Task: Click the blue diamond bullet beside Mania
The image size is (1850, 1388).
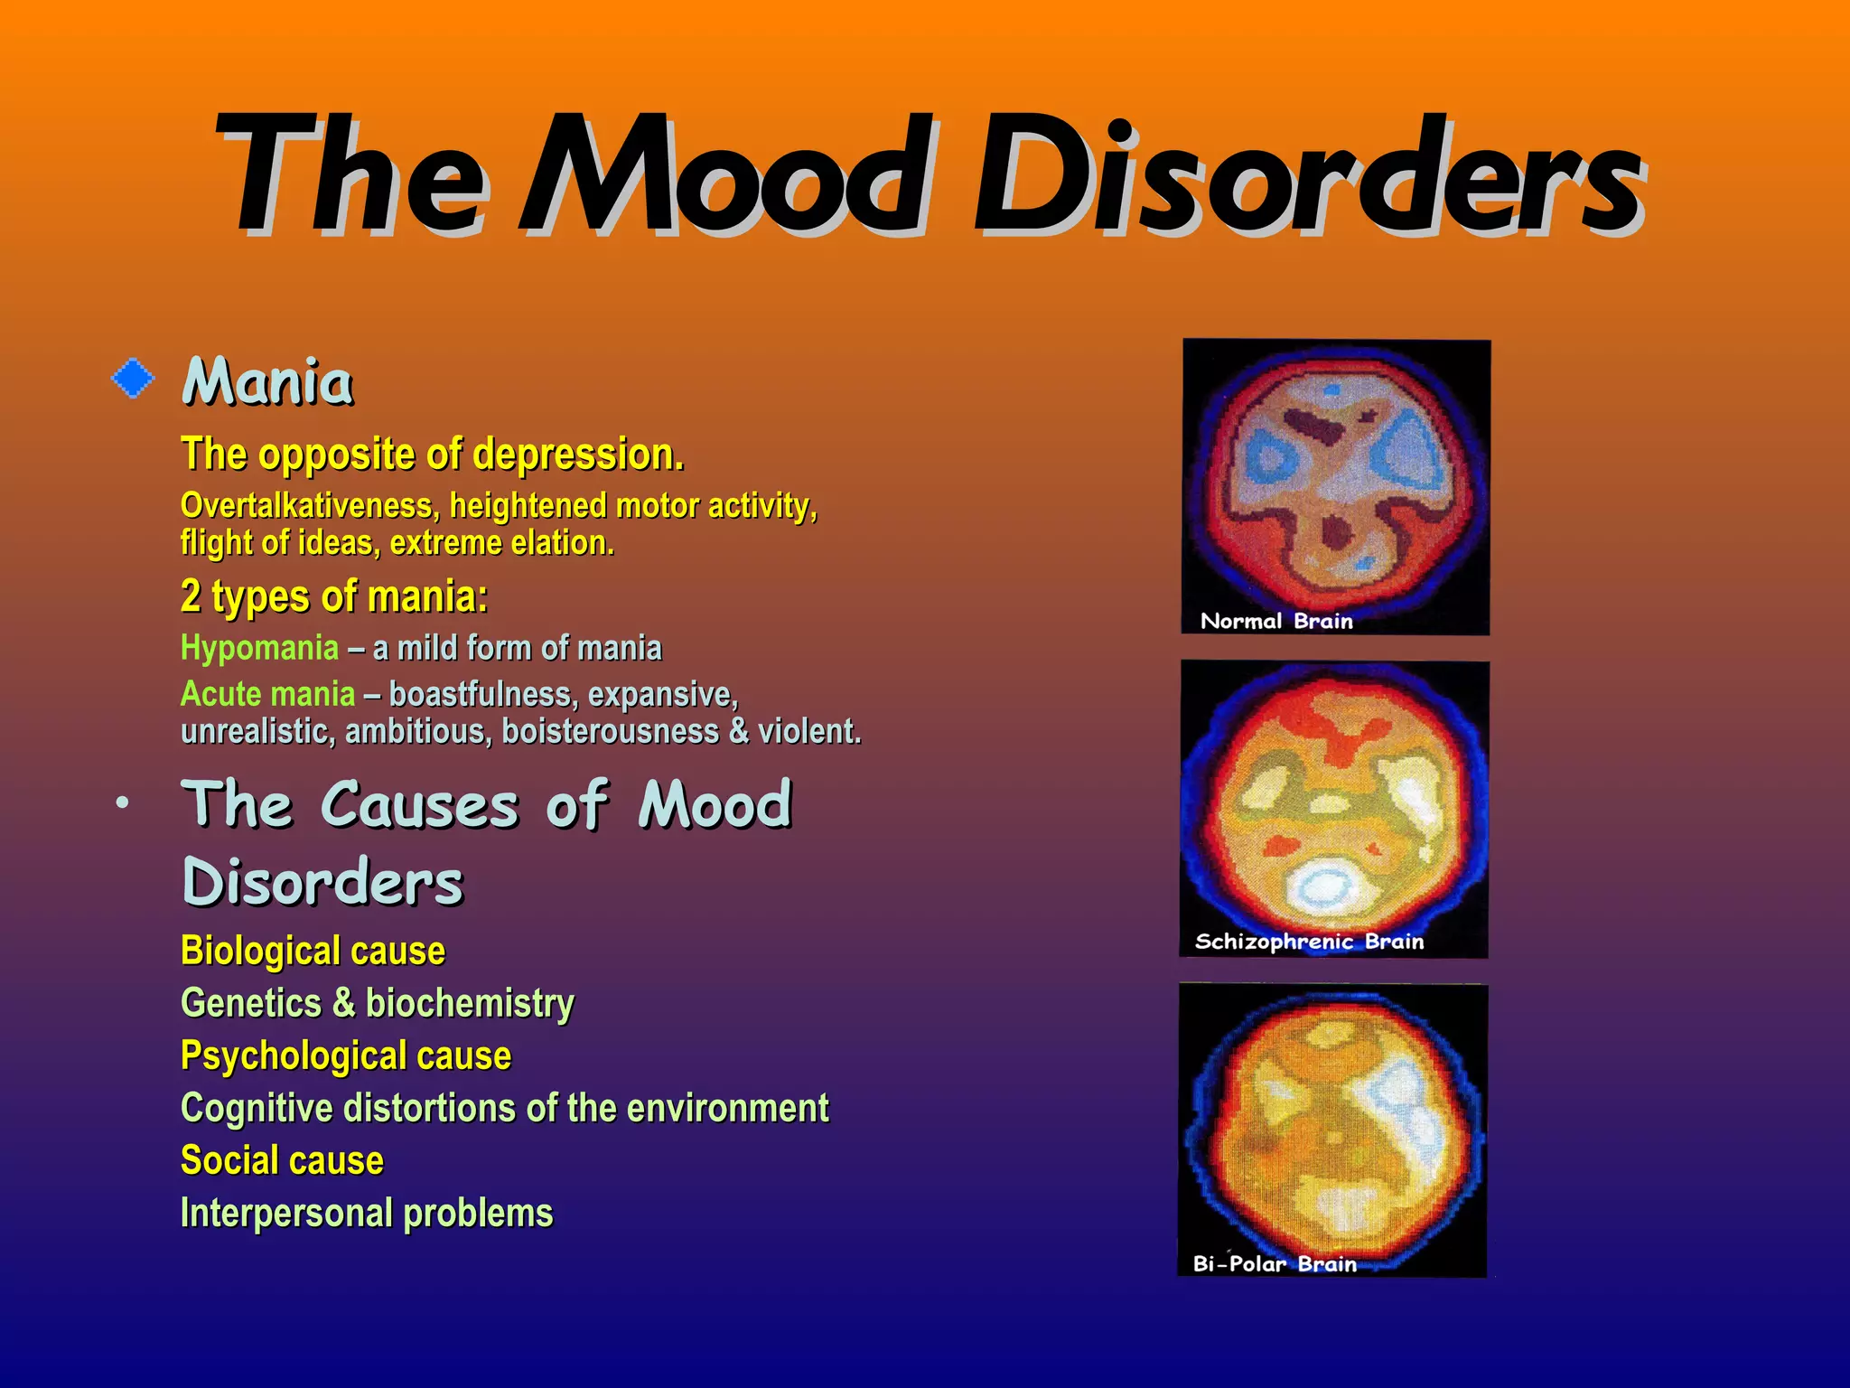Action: pyautogui.click(x=133, y=378)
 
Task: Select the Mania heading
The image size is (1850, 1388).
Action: pyautogui.click(x=267, y=382)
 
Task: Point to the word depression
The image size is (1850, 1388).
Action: pyautogui.click(x=578, y=454)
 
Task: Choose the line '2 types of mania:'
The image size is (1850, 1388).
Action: pyautogui.click(x=334, y=596)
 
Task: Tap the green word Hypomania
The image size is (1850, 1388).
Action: pyautogui.click(x=260, y=648)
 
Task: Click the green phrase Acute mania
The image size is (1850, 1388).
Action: pyautogui.click(x=268, y=694)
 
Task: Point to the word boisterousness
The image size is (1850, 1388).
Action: pyautogui.click(x=610, y=731)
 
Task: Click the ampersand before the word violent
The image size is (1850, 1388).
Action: pyautogui.click(x=739, y=731)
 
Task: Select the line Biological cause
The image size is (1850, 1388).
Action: pyautogui.click(x=313, y=951)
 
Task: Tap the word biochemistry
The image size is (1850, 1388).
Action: pyautogui.click(x=470, y=1003)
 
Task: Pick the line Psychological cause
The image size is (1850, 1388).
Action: pyautogui.click(x=346, y=1055)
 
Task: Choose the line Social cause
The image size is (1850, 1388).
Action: pyautogui.click(x=282, y=1160)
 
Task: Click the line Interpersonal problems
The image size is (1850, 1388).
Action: pyautogui.click(x=367, y=1213)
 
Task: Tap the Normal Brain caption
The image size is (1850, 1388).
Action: pyautogui.click(x=1276, y=621)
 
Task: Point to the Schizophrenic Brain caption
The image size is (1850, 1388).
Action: pyautogui.click(x=1309, y=942)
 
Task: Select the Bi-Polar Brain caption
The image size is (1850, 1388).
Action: pyautogui.click(x=1275, y=1263)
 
